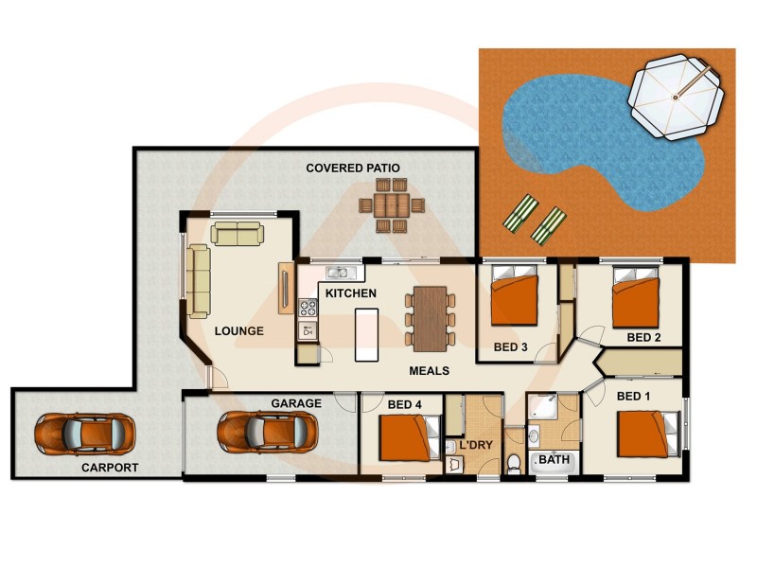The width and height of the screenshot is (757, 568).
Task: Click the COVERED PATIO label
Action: pyautogui.click(x=353, y=168)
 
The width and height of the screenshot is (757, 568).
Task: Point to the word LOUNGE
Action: pyautogui.click(x=238, y=331)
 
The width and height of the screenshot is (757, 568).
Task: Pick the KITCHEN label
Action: pyautogui.click(x=351, y=293)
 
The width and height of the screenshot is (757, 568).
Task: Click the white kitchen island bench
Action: pyautogui.click(x=366, y=333)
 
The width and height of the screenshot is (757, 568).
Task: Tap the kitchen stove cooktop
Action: pyautogui.click(x=308, y=307)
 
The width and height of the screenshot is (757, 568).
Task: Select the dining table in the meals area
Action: pyautogui.click(x=430, y=318)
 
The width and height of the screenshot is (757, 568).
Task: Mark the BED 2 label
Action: pyautogui.click(x=643, y=337)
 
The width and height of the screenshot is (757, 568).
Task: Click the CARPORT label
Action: pyautogui.click(x=111, y=468)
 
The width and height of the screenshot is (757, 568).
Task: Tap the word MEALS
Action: pyautogui.click(x=429, y=370)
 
